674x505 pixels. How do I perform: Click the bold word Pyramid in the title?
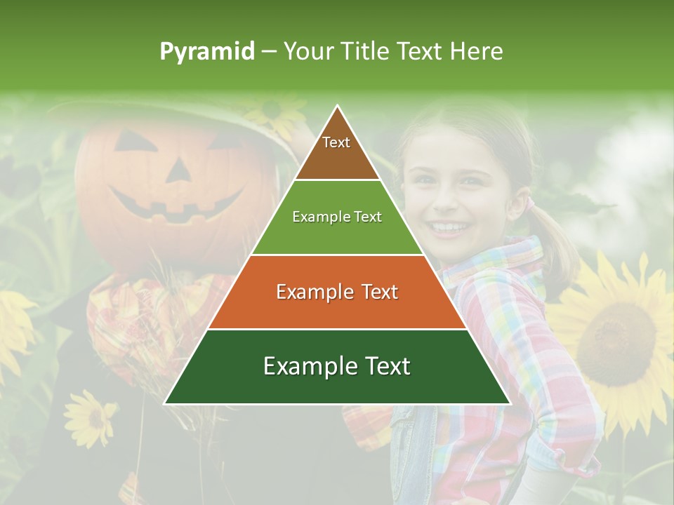coord(207,52)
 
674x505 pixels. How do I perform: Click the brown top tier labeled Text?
coord(336,151)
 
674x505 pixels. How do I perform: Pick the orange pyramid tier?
coord(337,292)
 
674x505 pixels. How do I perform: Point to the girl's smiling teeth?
coord(449,227)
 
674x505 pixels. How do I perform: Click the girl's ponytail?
coord(555,238)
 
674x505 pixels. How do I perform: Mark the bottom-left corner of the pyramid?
coord(165,403)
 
